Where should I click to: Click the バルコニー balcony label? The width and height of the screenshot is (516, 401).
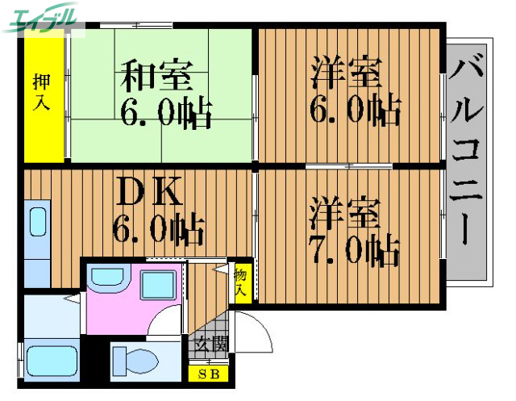pyautogui.click(x=467, y=149)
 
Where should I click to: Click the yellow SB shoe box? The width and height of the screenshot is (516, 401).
pyautogui.click(x=209, y=374)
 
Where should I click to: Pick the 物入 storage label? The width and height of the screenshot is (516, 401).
pyautogui.click(x=240, y=282)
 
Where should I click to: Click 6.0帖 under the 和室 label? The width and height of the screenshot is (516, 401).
pyautogui.click(x=166, y=113)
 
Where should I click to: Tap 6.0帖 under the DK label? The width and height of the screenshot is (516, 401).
pyautogui.click(x=157, y=231)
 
